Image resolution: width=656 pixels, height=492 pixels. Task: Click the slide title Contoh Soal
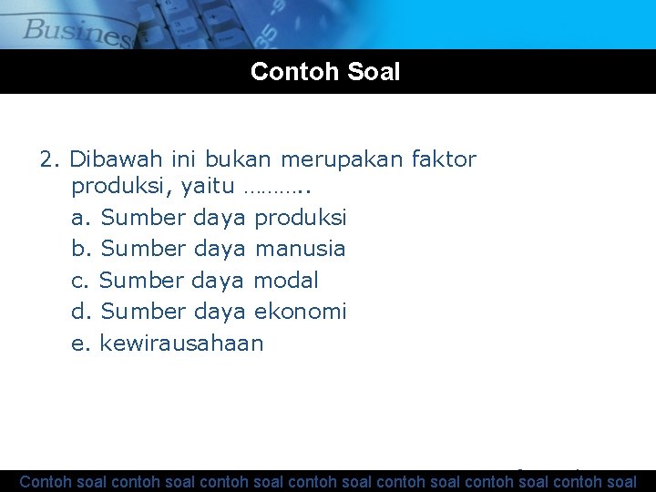point(325,72)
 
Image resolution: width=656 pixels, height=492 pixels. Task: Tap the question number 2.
point(49,160)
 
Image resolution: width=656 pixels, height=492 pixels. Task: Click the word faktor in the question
point(444,160)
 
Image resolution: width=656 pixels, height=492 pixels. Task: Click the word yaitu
point(209,189)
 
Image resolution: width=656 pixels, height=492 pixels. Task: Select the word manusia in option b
point(300,248)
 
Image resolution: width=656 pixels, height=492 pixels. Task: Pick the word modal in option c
point(285,280)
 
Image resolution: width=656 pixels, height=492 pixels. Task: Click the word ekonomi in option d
point(300,312)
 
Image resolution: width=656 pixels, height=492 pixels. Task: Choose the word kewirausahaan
point(181,343)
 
